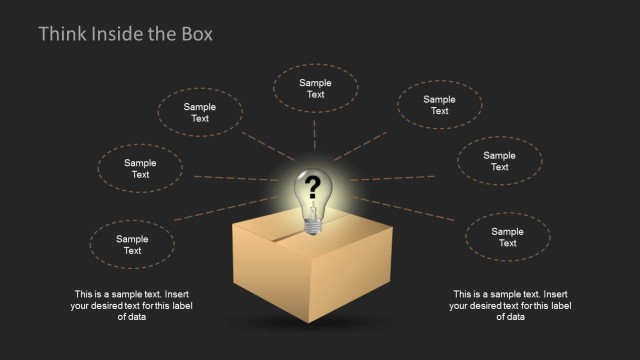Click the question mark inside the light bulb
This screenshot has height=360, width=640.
click(312, 185)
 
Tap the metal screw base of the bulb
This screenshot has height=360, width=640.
click(312, 227)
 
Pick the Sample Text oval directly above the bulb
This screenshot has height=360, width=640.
click(315, 89)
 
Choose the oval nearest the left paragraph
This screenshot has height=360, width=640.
click(132, 245)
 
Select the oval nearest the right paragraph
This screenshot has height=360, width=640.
click(507, 237)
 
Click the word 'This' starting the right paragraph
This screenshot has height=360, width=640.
click(463, 294)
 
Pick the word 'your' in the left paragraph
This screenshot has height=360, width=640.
click(81, 306)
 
